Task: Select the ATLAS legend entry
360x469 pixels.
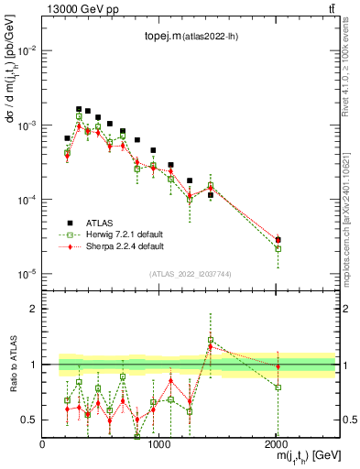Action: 96,222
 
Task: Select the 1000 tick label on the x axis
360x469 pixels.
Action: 159,443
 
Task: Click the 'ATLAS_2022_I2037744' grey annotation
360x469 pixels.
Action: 189,274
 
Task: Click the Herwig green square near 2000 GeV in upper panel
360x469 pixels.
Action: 278,248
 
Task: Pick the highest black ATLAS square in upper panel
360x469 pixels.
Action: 79,109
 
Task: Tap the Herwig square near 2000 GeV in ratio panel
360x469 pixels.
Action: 278,387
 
